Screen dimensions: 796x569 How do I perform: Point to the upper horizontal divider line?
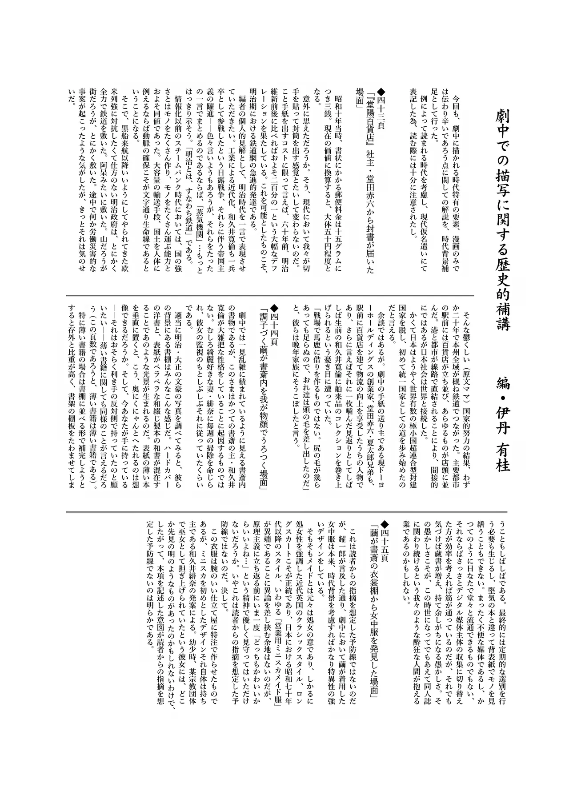pos(270,295)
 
